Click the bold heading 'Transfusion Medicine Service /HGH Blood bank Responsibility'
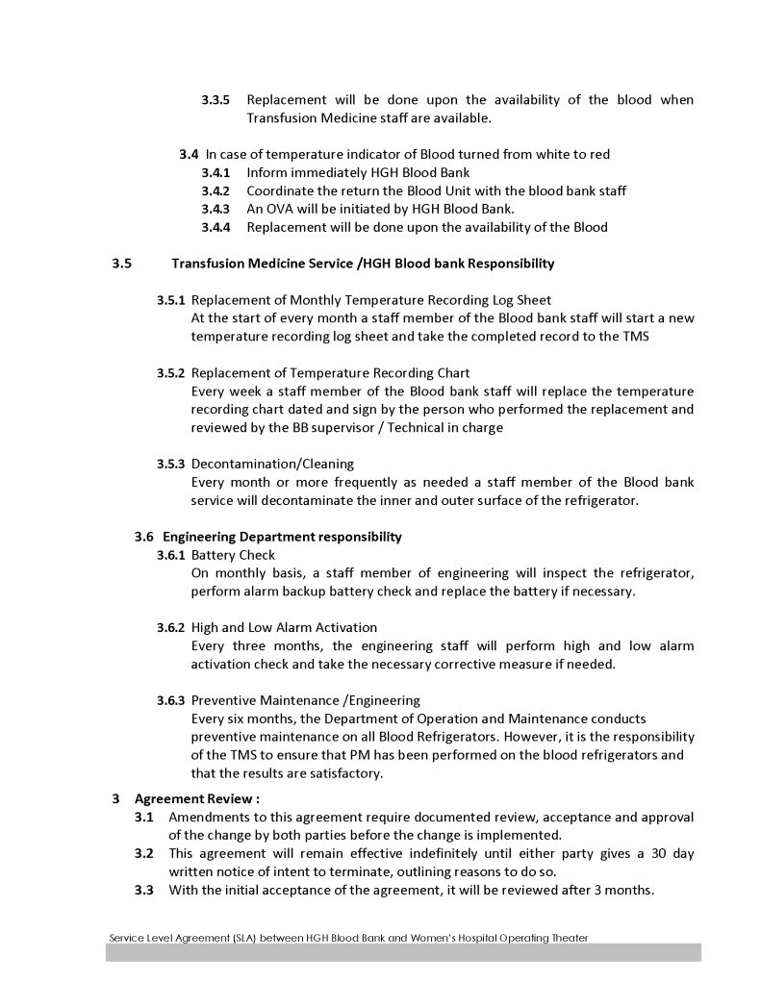tap(363, 264)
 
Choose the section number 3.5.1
tap(171, 300)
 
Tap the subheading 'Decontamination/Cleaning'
tap(259, 465)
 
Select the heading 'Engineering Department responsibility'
tap(282, 537)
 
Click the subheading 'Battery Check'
tap(233, 555)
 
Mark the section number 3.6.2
tap(171, 628)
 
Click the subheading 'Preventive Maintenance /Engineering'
tap(305, 700)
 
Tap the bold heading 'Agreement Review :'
tap(197, 798)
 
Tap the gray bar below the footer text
tap(403, 952)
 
